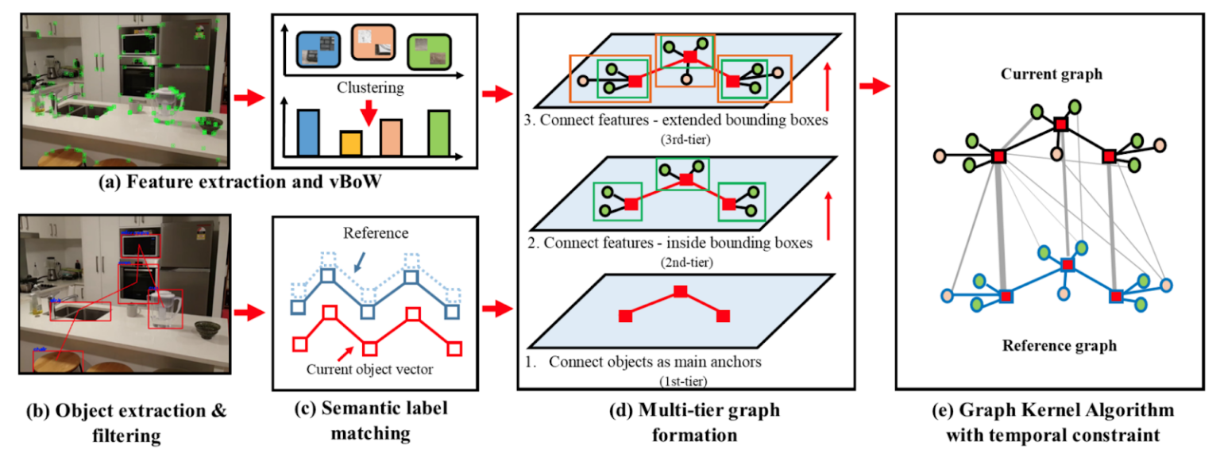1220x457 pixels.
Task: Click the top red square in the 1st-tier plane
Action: tap(679, 292)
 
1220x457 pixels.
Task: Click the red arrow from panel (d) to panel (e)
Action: tap(876, 84)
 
